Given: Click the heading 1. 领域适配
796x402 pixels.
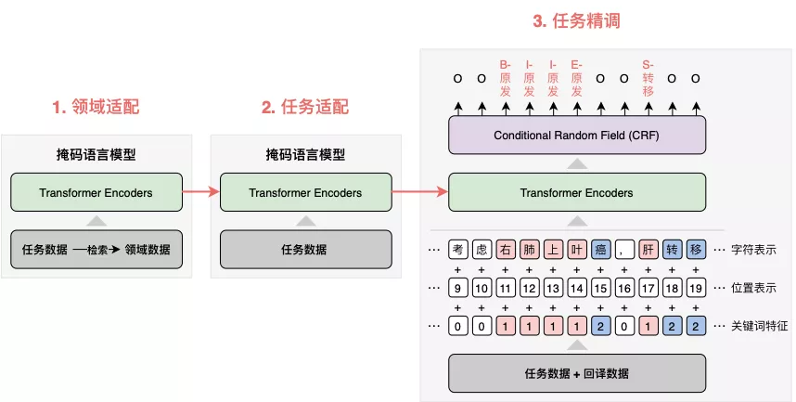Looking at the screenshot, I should pos(96,107).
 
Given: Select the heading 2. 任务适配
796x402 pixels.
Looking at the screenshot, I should pos(305,107).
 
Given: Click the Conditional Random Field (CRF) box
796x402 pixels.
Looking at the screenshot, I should pos(577,136).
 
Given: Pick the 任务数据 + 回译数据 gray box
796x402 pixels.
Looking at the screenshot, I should pos(577,373).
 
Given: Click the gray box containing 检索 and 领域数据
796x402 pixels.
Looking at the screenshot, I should pos(96,249).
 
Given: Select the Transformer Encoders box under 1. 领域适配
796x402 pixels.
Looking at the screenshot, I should pos(96,193).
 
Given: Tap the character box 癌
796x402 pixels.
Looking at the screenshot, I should pos(600,249).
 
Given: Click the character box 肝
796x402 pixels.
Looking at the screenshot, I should pos(648,249).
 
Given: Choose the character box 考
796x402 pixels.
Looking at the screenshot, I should pos(457,249).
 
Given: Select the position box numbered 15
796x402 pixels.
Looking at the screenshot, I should pos(600,288).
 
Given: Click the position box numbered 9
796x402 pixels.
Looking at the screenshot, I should pos(457,288).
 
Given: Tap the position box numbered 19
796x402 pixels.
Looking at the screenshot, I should pos(696,288).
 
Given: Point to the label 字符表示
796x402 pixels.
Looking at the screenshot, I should pos(752,249).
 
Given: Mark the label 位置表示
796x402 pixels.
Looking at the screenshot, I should pos(752,288).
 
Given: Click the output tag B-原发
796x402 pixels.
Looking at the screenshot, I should pos(506,78).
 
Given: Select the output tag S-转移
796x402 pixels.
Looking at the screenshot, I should pos(648,78).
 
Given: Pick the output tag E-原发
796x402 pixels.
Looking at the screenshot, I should pos(577,78).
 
